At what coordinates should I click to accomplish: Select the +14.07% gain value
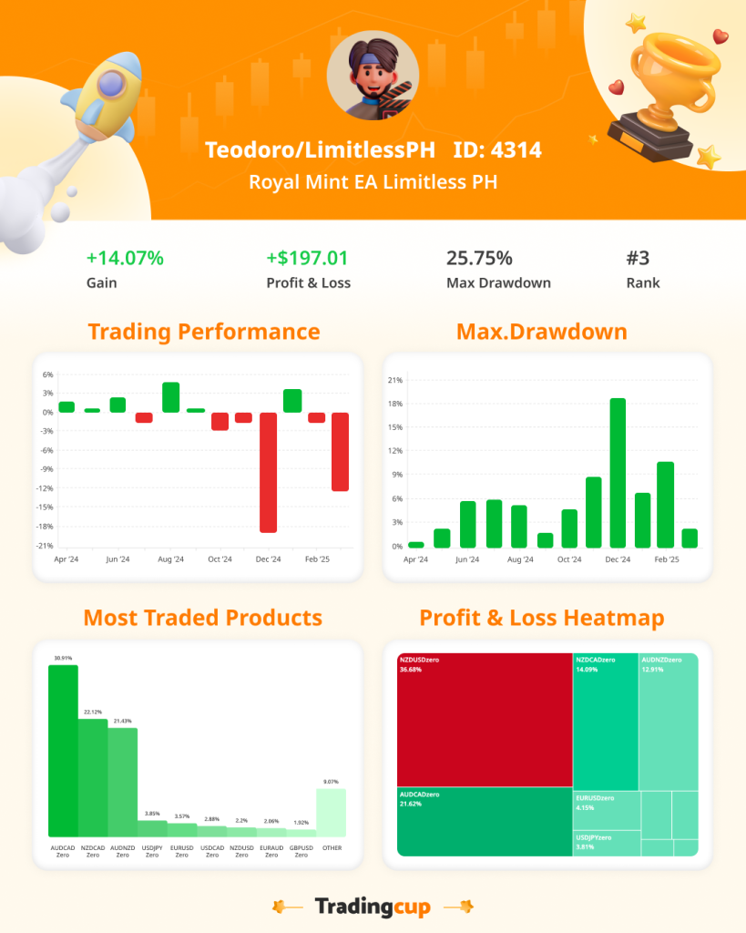(x=125, y=259)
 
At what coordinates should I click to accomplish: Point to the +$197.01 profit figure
(x=307, y=259)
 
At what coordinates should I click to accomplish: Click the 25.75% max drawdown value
(x=479, y=259)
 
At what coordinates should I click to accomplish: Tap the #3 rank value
(x=638, y=259)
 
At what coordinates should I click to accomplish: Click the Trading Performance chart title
(x=203, y=332)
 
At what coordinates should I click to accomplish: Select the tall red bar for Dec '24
(x=268, y=472)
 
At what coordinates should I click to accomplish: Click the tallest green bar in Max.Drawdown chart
(x=618, y=473)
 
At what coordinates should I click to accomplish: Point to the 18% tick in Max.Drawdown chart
(x=395, y=404)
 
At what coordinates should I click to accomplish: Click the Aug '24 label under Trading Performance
(x=170, y=559)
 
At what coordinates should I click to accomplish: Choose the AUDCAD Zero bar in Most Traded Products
(x=63, y=751)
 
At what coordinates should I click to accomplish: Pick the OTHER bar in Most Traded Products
(x=331, y=813)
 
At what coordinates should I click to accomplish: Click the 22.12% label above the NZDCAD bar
(x=92, y=713)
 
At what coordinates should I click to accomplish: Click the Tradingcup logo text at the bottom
(x=373, y=907)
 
